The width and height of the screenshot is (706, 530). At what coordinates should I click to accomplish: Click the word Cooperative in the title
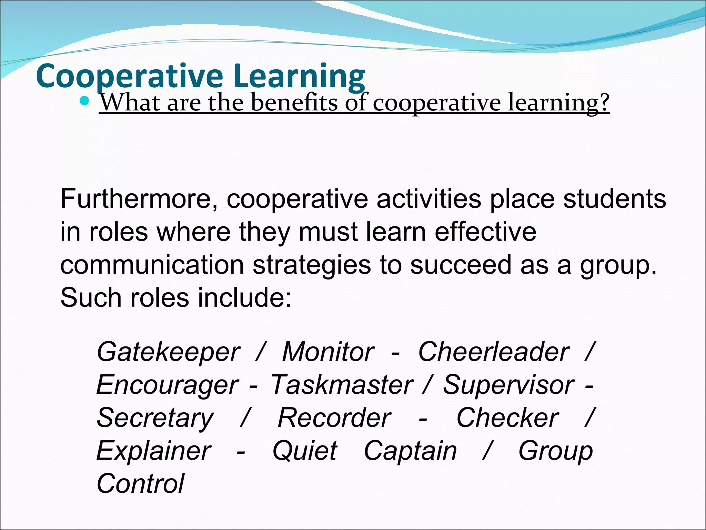[x=129, y=76]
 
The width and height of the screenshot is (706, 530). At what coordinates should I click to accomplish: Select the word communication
[x=152, y=265]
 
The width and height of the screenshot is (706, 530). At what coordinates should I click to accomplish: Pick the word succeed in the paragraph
[x=461, y=265]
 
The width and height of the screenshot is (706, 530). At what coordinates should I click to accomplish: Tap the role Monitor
[x=328, y=352]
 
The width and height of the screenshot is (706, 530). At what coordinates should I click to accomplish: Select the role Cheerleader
[x=494, y=352]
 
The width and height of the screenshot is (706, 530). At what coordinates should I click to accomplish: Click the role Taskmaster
[x=342, y=385]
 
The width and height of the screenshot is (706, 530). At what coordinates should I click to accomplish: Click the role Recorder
[x=334, y=418]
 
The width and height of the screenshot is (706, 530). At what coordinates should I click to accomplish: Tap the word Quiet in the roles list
[x=304, y=451]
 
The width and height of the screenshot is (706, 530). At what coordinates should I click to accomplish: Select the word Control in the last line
[x=140, y=483]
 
